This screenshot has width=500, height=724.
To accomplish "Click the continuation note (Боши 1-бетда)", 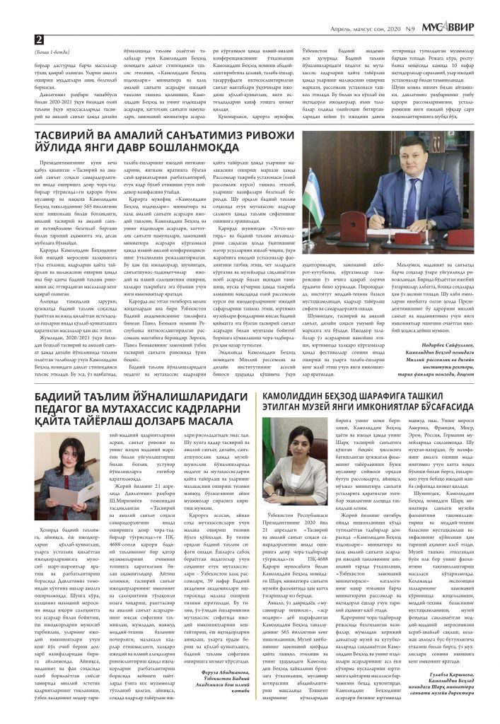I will coord(51,51).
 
